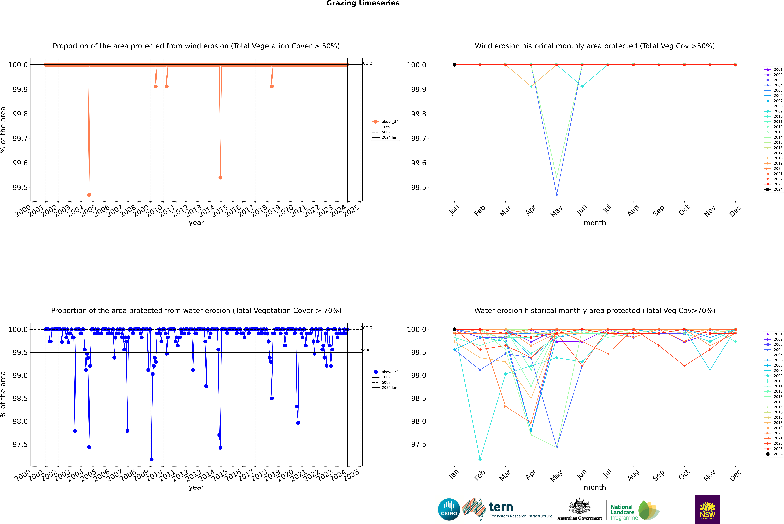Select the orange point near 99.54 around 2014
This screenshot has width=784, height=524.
(x=220, y=177)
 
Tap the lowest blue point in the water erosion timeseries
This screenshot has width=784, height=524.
(x=151, y=459)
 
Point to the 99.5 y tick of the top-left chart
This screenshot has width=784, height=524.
(x=20, y=187)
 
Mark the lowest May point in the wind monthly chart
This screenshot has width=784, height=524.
(x=556, y=194)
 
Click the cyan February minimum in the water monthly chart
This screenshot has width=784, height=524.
(x=480, y=459)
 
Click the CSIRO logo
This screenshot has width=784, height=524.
(x=449, y=509)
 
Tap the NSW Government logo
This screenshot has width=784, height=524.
(x=707, y=509)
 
